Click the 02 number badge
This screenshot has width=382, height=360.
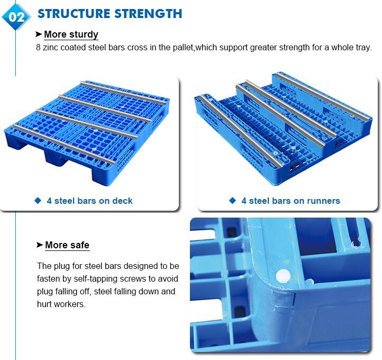pos(16,16)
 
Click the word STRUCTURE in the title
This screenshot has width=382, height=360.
pos(74,14)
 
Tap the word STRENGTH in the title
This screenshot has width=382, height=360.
pos(148,14)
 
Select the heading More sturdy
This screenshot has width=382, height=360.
pos(71,34)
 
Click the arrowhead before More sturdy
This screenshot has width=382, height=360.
pos(39,34)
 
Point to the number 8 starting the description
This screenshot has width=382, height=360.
pos(38,47)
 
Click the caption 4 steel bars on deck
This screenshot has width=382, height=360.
pos(89,201)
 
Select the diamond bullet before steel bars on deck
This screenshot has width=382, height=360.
pos(38,201)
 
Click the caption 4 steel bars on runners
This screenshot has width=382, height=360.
pos(290,201)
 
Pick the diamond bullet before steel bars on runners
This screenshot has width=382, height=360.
pos(233,201)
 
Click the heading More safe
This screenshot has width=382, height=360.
pos(67,245)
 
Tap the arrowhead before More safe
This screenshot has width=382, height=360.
pos(40,245)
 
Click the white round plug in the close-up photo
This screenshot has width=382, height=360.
pos(283,277)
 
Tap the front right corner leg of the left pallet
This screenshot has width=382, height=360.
pos(102,176)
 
